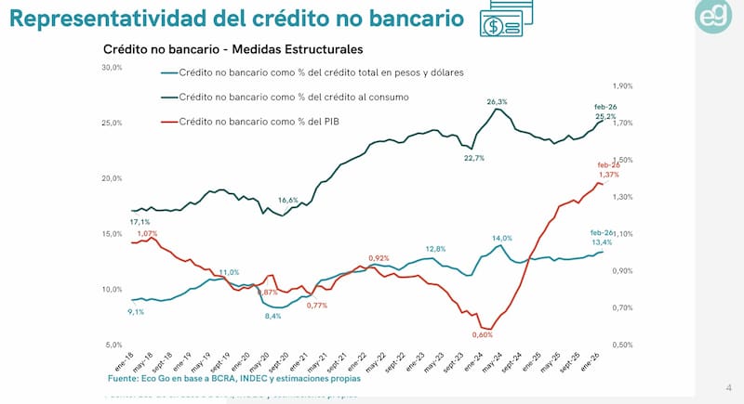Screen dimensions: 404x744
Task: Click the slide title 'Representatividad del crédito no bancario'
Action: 236,18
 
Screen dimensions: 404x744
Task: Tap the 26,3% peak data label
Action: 497,101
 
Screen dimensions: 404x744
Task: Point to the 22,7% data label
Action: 473,158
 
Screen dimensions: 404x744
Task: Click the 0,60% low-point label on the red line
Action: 482,334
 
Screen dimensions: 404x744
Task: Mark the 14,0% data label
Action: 501,238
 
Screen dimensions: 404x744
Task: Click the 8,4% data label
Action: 272,317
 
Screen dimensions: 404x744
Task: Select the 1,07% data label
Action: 147,234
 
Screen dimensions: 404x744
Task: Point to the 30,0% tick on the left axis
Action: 112,67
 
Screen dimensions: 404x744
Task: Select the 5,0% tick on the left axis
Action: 113,345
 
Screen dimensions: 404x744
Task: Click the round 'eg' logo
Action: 716,18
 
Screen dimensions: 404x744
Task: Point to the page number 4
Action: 728,387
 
